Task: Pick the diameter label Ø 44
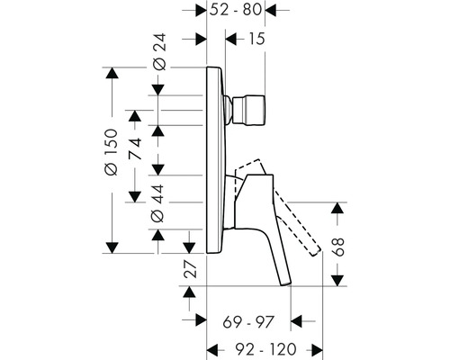tap(158, 205)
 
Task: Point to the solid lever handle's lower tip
tap(288, 283)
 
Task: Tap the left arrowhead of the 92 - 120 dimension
tap(212, 347)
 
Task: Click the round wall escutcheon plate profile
tap(216, 162)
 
